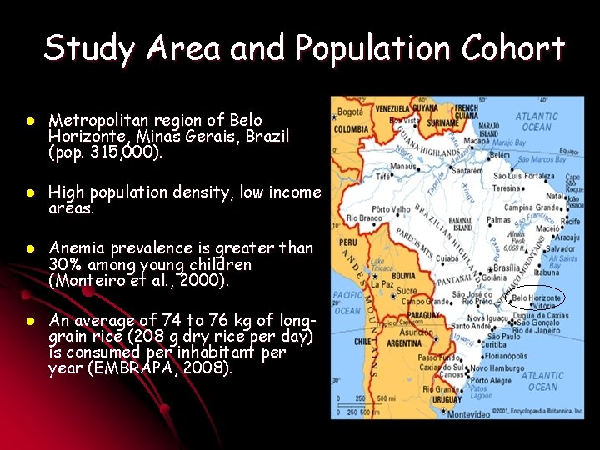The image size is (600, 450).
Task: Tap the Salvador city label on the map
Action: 560,248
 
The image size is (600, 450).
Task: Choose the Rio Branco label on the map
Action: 363,218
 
